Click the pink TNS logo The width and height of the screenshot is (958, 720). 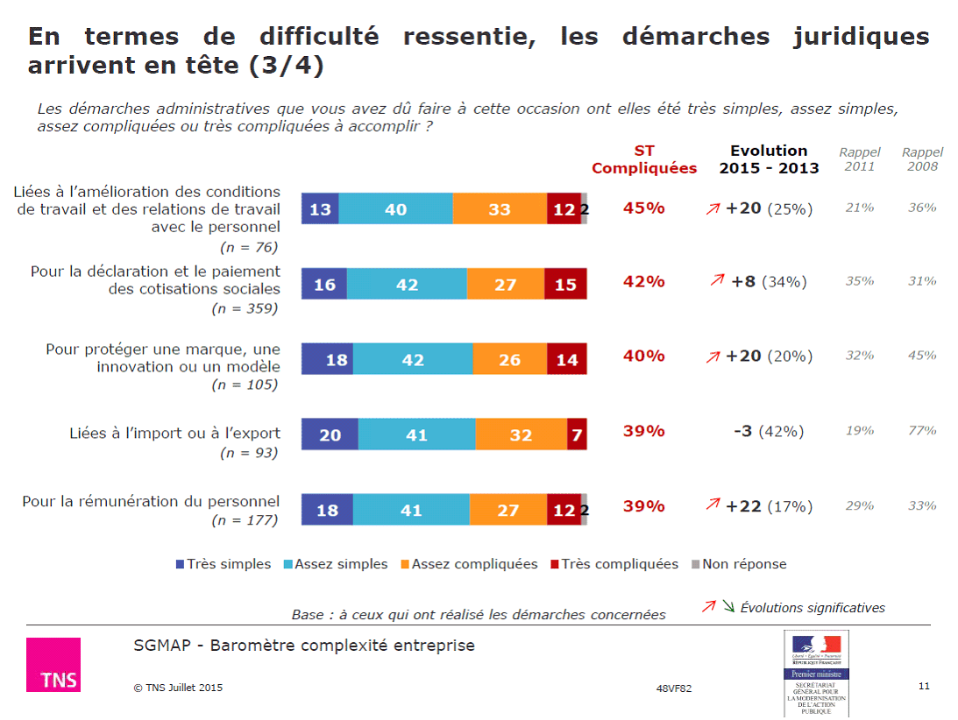tap(53, 664)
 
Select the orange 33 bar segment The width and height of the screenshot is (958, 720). tap(500, 209)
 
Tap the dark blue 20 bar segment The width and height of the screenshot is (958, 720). tap(330, 434)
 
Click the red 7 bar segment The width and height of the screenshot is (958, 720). tap(577, 434)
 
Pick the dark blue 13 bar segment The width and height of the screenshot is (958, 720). tap(320, 209)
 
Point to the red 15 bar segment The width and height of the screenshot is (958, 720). tap(565, 285)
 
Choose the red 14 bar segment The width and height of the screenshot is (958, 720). tap(567, 359)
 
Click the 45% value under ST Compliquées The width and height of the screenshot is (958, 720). tap(643, 208)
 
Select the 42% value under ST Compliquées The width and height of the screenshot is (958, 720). tap(643, 281)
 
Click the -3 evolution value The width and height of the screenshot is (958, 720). tap(742, 431)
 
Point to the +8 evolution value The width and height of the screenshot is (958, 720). tap(743, 281)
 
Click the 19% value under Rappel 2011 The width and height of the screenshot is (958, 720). tap(860, 430)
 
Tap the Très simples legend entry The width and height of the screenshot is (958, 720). tap(224, 564)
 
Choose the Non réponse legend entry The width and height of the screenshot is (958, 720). tap(739, 564)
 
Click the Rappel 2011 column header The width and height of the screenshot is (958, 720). tap(860, 159)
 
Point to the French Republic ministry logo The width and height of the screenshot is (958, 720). tap(817, 673)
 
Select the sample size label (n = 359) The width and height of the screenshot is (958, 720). tap(245, 308)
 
